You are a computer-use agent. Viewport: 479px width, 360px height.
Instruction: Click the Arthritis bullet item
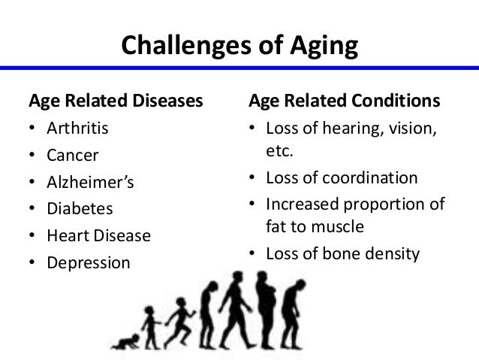point(77,128)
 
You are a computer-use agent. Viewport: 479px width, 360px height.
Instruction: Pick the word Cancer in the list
point(72,155)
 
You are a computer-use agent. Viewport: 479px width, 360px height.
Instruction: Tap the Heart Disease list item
point(98,236)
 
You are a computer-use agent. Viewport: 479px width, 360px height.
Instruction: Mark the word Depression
point(88,263)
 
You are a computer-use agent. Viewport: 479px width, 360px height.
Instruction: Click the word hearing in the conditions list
point(354,128)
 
